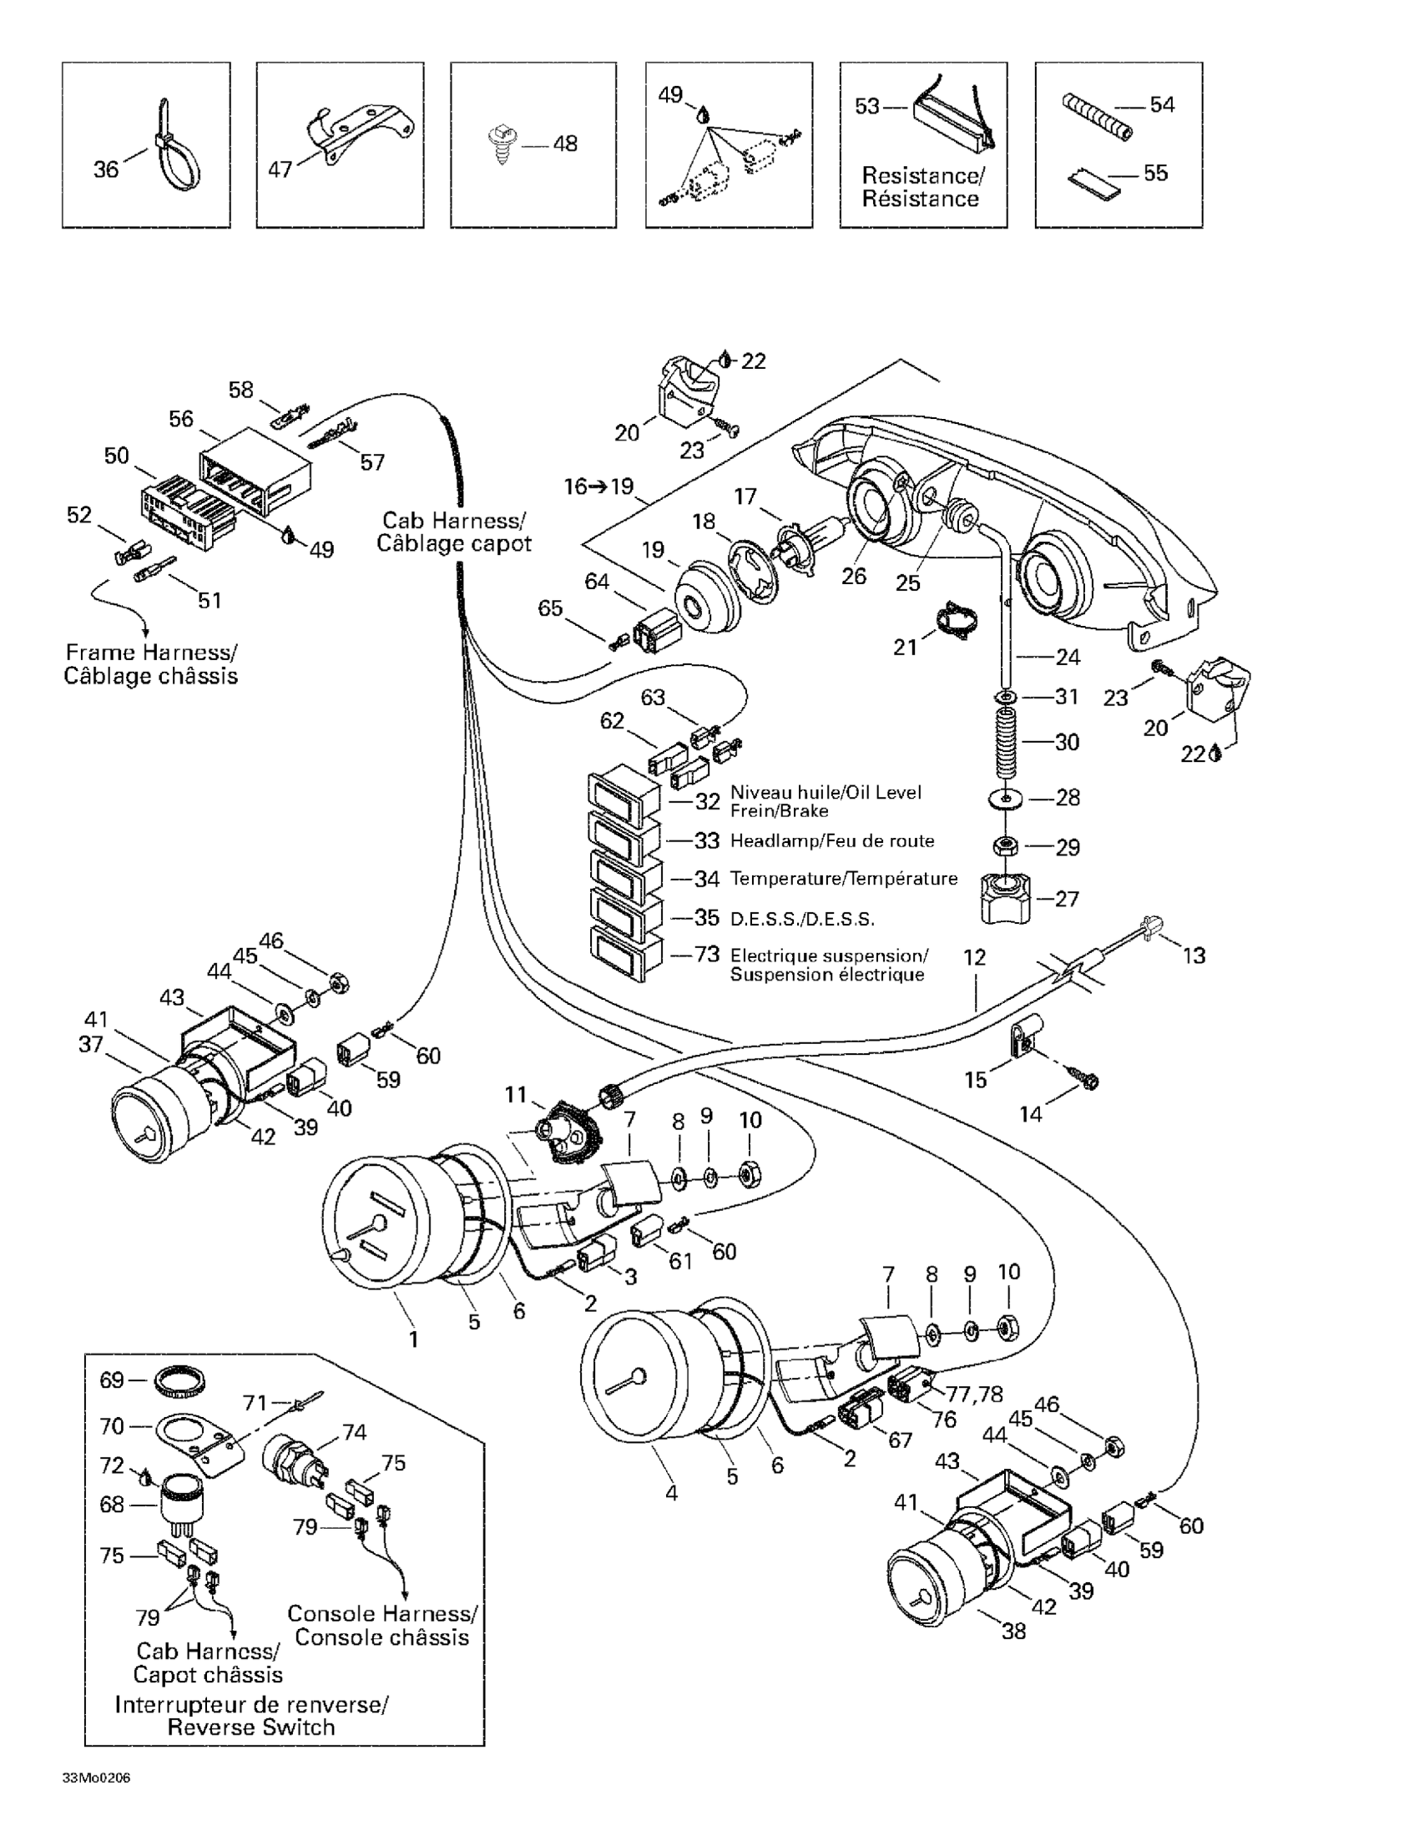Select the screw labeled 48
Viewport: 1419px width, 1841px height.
coord(502,146)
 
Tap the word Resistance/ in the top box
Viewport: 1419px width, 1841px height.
coord(922,176)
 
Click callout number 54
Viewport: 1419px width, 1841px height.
coord(1162,105)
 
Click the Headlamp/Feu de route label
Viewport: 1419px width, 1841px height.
coord(831,840)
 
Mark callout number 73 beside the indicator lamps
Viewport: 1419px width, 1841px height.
coord(706,954)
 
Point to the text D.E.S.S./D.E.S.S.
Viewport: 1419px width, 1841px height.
coord(802,919)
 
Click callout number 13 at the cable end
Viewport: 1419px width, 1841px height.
coord(1194,955)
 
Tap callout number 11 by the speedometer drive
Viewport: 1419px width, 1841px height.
coord(516,1096)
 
